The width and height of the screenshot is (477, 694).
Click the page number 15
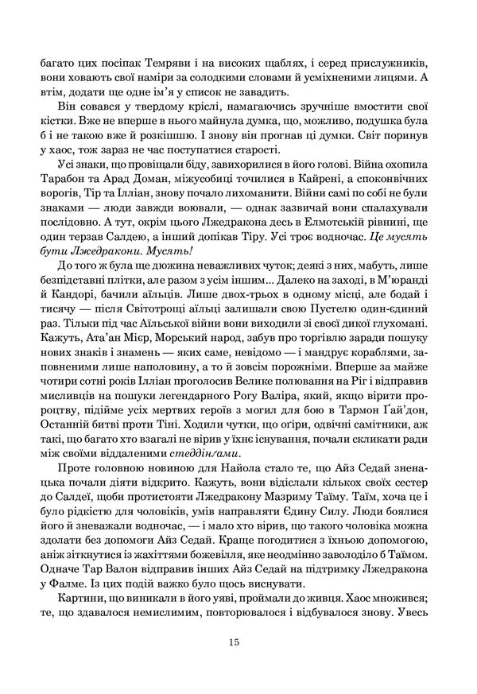[233, 644]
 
